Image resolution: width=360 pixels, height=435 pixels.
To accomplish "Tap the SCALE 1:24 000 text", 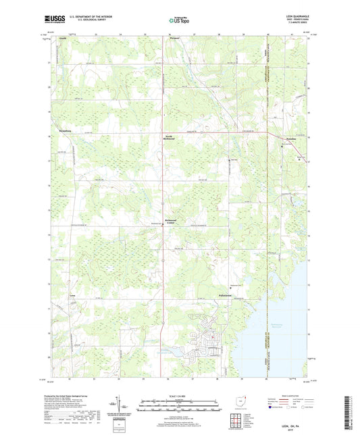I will pos(179,396).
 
